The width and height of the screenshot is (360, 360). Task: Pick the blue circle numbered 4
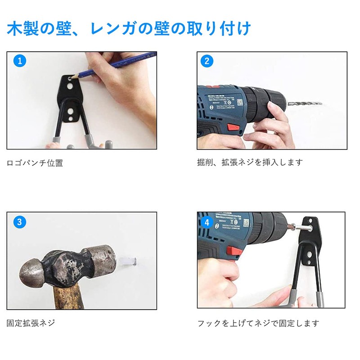click(207, 222)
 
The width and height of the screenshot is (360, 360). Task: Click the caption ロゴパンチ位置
click(35, 163)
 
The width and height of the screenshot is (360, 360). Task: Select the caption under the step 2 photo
click(250, 162)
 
